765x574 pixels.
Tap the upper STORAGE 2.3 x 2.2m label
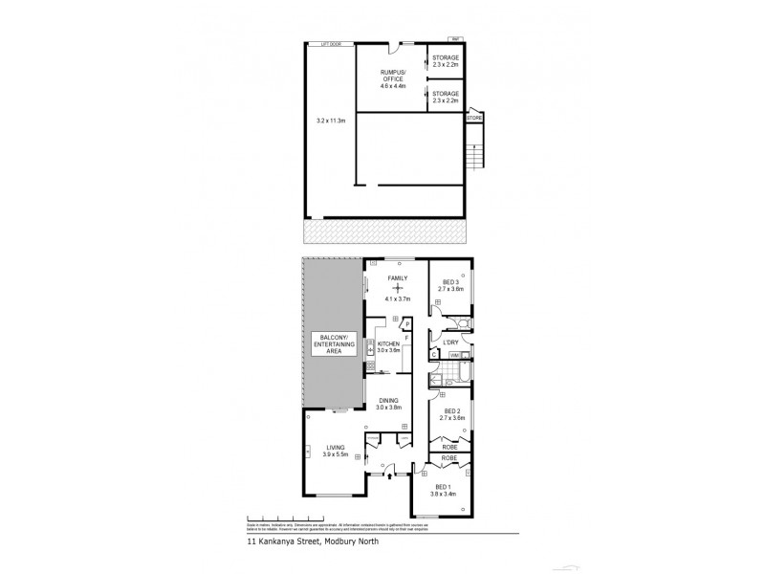point(446,62)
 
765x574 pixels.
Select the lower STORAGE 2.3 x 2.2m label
point(446,97)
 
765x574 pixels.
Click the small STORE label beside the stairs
point(474,118)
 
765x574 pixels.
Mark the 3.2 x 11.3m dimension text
point(332,121)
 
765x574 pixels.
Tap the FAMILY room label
point(397,278)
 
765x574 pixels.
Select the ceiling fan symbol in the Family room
point(397,288)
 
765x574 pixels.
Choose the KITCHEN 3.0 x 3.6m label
point(388,346)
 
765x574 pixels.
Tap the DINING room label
point(387,405)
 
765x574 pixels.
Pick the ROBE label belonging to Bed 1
point(448,459)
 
